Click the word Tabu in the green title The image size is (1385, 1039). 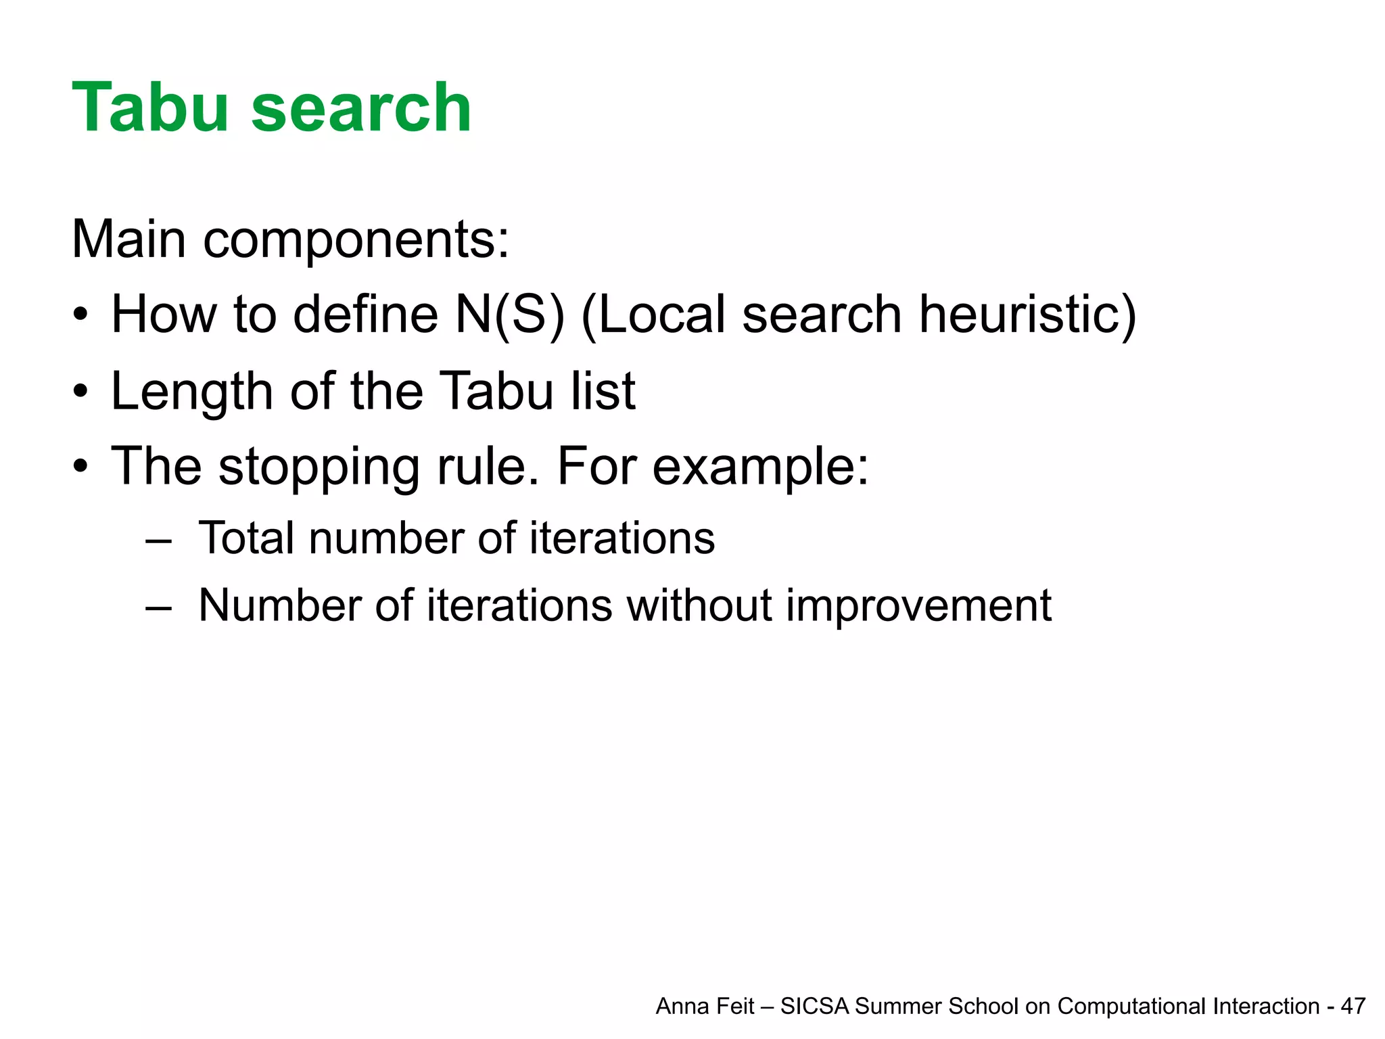point(150,108)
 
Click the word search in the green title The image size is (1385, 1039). point(361,108)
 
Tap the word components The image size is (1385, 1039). point(356,241)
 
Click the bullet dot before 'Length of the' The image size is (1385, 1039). point(80,392)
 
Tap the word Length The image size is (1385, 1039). point(191,392)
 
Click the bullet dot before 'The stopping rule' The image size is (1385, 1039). point(80,467)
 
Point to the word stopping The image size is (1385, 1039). point(319,468)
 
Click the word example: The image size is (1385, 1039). point(760,468)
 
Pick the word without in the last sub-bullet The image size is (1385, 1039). point(699,605)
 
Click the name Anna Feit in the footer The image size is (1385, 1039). point(705,1007)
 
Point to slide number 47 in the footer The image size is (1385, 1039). point(1353,1007)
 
